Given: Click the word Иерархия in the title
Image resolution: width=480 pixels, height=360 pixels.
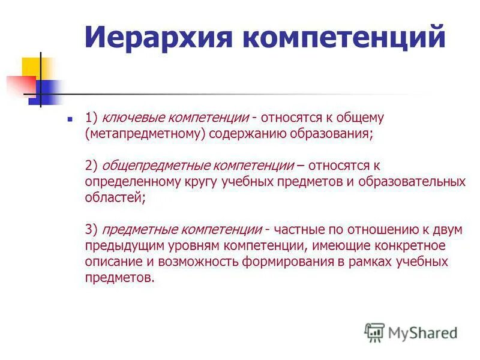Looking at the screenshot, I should (158, 37).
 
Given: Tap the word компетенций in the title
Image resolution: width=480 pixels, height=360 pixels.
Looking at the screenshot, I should (344, 37).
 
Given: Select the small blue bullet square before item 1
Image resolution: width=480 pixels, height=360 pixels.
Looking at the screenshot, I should (70, 119).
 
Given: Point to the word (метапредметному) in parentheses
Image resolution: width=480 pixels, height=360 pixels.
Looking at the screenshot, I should (147, 133).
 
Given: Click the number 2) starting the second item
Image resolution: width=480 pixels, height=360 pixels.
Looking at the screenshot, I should (91, 165).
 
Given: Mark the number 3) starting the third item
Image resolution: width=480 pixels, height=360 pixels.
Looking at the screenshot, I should (91, 229).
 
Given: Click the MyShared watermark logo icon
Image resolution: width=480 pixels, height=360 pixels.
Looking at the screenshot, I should (374, 332).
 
